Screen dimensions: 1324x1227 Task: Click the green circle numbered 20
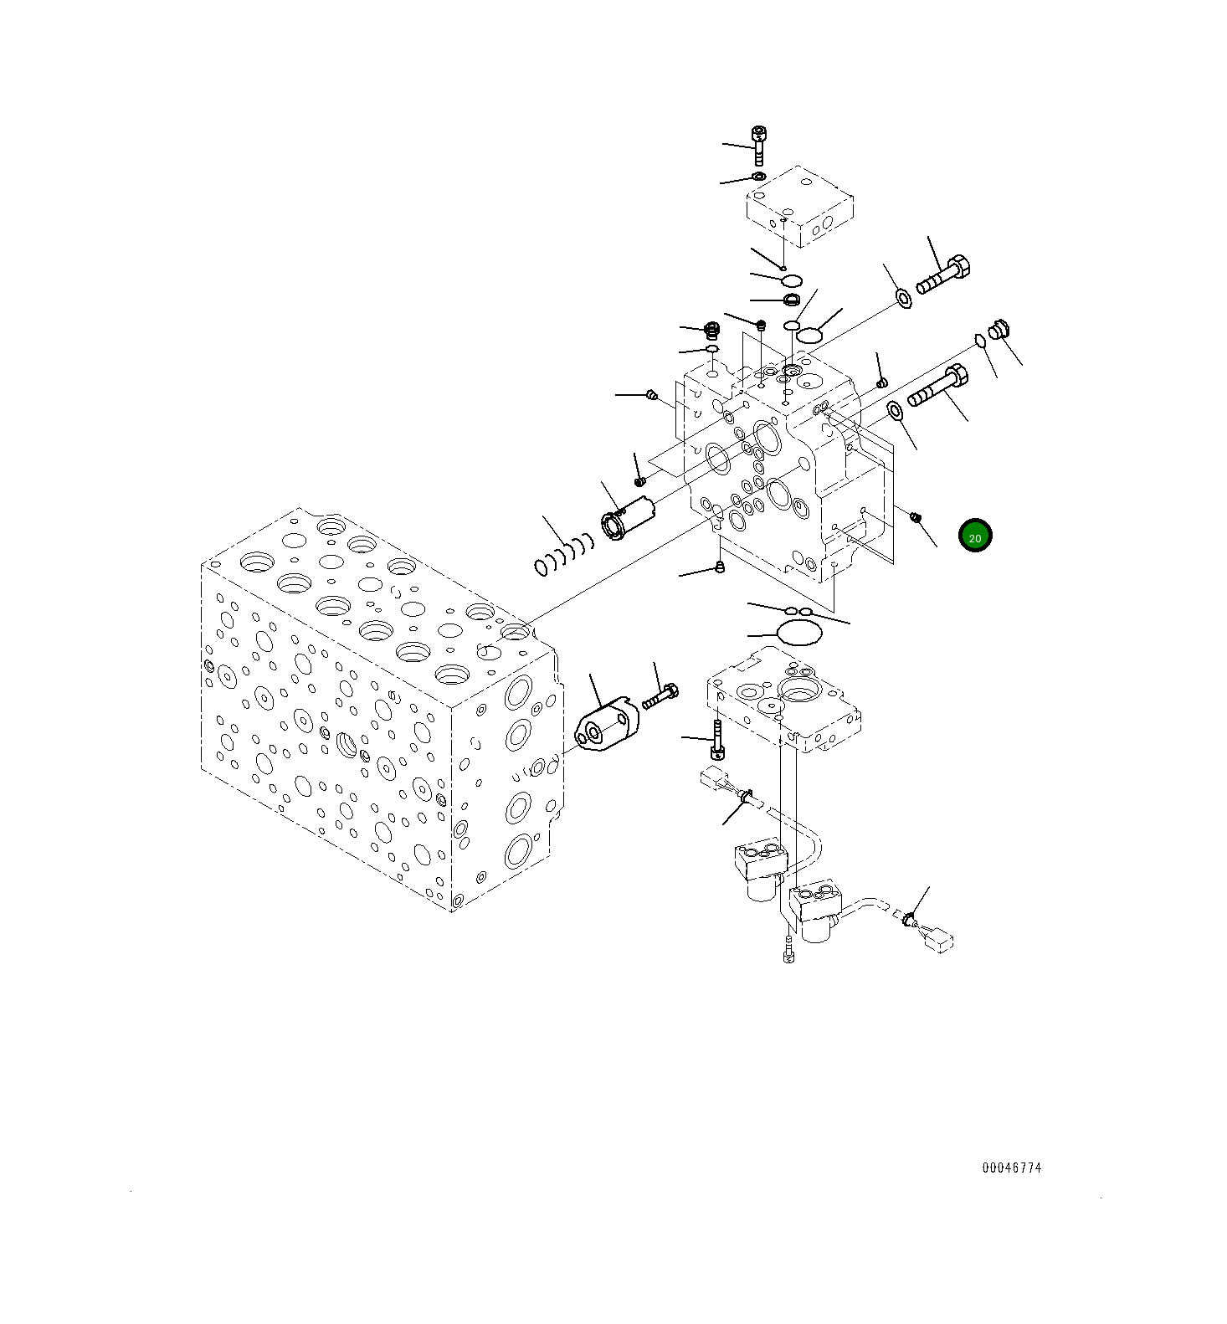click(975, 536)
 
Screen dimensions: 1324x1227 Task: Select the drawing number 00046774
click(1012, 1167)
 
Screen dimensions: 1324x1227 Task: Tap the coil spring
click(562, 555)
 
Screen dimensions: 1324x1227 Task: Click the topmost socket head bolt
click(758, 145)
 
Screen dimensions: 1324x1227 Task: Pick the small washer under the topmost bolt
click(758, 177)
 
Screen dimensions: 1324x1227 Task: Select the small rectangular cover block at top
click(799, 207)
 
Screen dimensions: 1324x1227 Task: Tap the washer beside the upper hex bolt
click(904, 296)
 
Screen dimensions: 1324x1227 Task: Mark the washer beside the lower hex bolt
click(895, 410)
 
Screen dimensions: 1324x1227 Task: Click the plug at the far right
click(998, 329)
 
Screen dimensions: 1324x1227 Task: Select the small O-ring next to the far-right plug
click(979, 340)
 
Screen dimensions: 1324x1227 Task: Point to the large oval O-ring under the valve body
click(799, 634)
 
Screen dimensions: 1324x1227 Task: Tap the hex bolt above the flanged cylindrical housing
click(660, 696)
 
